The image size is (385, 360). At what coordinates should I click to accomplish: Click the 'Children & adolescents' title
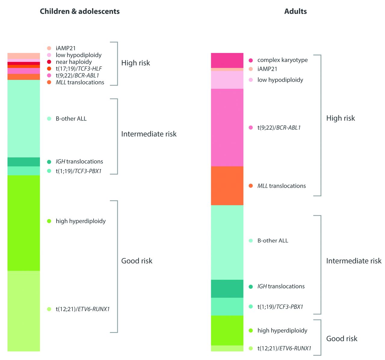pos(80,11)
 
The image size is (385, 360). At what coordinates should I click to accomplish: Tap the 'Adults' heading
pos(295,11)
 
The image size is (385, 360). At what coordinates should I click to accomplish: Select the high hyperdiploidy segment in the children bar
pos(23,223)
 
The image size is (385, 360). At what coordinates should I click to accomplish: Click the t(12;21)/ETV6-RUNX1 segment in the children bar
pos(23,311)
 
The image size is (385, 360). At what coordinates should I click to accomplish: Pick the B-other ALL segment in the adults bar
pos(227,242)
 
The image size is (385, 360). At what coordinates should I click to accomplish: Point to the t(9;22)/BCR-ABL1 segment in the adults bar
pos(227,128)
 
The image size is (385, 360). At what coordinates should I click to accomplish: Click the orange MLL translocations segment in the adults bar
pos(227,186)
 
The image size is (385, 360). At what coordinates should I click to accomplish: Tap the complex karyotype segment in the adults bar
pos(227,60)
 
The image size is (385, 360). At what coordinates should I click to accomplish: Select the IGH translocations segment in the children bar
pos(23,162)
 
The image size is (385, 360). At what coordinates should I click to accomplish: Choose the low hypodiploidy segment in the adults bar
pos(227,80)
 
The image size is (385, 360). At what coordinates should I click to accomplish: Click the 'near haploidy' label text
pos(74,62)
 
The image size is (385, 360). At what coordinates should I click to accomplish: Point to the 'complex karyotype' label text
pos(282,60)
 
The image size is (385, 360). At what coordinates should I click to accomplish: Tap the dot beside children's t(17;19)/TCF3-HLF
pos(49,69)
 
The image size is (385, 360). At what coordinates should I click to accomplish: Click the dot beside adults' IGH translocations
pos(251,287)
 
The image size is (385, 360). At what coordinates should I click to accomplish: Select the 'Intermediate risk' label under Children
pos(149,134)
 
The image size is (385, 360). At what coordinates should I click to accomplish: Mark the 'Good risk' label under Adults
pos(342,339)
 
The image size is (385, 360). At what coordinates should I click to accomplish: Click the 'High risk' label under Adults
pos(340,118)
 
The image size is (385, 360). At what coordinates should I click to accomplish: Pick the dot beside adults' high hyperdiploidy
pos(251,331)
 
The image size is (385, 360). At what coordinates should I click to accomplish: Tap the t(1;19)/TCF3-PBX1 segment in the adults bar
pos(227,306)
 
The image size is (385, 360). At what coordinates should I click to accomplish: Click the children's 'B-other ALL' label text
pos(71,119)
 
